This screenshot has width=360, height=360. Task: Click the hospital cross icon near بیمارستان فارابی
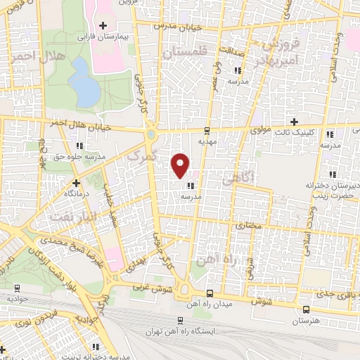click(x=102, y=25)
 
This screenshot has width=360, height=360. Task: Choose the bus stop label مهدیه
click(x=206, y=141)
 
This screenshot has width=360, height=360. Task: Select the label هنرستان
click(x=307, y=320)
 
